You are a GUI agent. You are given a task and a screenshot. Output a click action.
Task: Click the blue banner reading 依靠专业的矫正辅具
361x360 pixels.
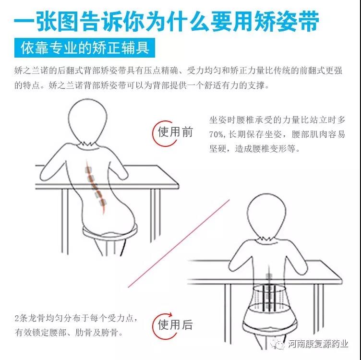[x=84, y=48]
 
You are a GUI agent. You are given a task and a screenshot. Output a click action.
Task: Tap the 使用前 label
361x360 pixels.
[x=175, y=132]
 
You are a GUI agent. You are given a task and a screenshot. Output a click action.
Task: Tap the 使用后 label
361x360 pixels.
[x=175, y=324]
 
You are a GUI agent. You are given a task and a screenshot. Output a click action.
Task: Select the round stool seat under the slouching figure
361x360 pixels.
[x=109, y=232]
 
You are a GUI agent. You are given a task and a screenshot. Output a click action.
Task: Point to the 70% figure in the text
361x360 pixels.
[x=216, y=134]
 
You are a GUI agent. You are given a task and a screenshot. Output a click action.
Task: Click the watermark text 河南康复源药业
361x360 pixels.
[x=318, y=344]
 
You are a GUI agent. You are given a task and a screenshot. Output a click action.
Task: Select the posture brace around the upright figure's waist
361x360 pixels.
[x=268, y=299]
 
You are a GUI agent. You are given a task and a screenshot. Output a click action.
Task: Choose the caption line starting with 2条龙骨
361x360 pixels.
[x=76, y=318]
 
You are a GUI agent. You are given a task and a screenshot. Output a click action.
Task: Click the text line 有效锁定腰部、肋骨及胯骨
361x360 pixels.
[x=69, y=332]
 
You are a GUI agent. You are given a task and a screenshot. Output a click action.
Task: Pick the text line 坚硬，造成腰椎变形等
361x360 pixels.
[x=254, y=148]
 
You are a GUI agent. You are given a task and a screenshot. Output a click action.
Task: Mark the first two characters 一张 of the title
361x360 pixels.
[x=35, y=21]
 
